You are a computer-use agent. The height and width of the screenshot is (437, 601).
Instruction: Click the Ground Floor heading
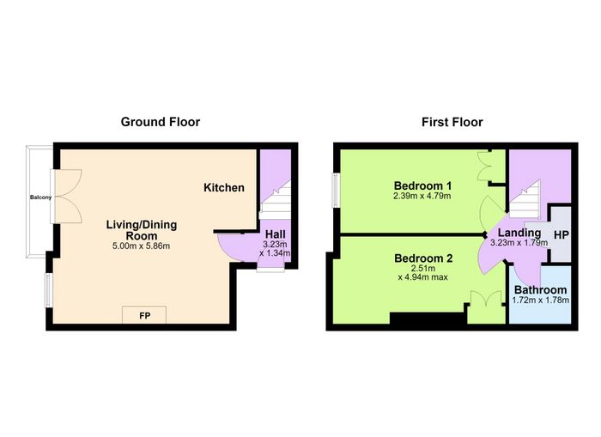point(161,122)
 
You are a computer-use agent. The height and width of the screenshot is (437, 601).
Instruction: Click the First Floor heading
point(452,122)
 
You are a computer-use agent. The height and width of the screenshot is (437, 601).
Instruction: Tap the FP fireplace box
point(144,315)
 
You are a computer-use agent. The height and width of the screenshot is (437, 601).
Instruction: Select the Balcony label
point(40,197)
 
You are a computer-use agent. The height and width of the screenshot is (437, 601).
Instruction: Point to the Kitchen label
point(224,187)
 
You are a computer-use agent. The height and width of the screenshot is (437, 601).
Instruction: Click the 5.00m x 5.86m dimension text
point(141,246)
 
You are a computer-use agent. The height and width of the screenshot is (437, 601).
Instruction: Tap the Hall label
point(276,234)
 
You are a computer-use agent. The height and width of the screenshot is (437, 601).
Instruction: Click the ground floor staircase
point(276,200)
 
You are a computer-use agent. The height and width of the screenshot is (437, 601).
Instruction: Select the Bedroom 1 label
point(422,186)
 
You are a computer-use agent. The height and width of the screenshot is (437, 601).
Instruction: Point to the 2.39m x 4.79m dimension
point(422,197)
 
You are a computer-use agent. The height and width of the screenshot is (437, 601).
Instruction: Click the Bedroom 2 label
point(423,258)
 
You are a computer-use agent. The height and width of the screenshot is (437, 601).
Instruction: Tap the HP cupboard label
point(562,235)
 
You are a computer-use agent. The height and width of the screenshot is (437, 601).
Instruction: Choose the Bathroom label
point(540,290)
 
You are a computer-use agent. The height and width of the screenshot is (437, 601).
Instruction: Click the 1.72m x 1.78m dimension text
point(540,300)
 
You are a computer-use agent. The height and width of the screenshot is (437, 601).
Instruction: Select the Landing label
point(519,233)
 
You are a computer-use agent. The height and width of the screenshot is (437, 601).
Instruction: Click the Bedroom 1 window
point(336,190)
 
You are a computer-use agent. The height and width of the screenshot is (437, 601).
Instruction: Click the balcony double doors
point(68,197)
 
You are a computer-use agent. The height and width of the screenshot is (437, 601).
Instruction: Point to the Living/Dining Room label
point(142,230)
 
